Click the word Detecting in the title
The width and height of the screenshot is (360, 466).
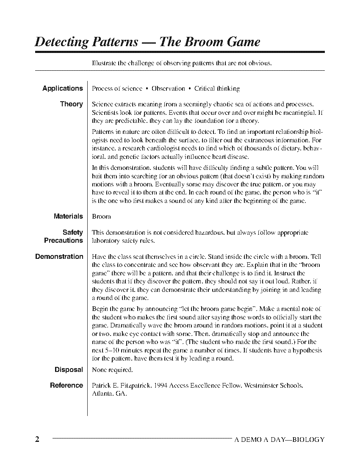(61, 42)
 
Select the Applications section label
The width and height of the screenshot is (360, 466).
(62, 89)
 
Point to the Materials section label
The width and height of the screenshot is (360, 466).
(68, 216)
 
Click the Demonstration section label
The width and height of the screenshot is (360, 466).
(59, 257)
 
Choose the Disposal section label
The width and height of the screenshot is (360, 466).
(69, 370)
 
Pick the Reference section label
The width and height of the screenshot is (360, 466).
(66, 386)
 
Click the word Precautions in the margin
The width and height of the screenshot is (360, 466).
(64, 241)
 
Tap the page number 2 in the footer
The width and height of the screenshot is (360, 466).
(37, 439)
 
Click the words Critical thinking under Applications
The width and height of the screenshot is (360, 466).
(217, 89)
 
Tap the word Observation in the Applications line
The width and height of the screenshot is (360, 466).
(168, 89)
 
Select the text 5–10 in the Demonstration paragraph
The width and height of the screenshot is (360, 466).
(109, 350)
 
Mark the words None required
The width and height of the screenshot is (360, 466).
(112, 370)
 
